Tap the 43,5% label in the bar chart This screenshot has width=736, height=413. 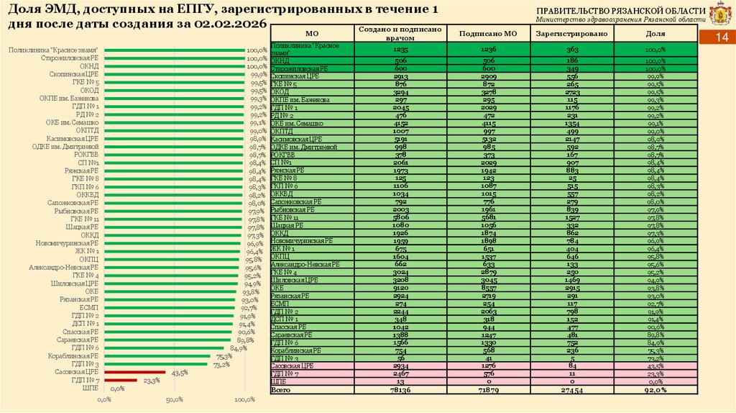click(180, 372)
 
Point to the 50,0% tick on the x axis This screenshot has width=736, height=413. click(175, 399)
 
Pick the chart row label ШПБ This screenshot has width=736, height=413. click(91, 388)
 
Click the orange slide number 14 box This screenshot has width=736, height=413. click(722, 37)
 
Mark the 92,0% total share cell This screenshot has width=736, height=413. click(655, 389)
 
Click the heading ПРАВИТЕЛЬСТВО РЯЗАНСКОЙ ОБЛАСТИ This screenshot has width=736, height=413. click(621, 10)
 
